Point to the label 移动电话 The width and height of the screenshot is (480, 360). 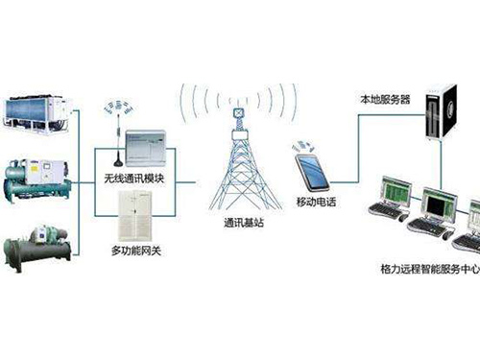319,204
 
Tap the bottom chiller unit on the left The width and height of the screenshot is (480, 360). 36,248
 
